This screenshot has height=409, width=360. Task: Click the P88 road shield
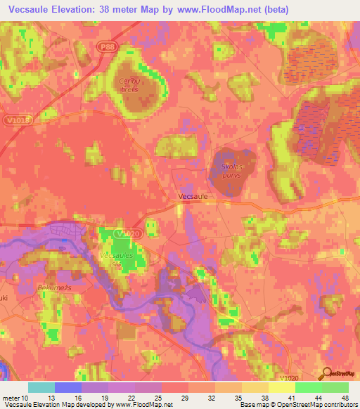point(105,46)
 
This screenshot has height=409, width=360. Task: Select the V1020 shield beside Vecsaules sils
point(124,233)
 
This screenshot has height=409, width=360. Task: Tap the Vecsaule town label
point(193,197)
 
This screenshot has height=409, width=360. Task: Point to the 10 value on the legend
point(25,397)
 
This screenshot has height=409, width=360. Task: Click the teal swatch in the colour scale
point(41,387)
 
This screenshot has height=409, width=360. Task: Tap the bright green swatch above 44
point(308,387)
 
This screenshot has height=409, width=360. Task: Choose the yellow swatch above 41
point(281,387)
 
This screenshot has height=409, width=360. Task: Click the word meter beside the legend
point(11,397)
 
